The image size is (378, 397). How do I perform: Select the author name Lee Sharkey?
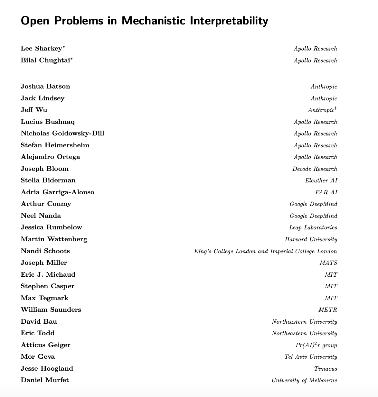(x=41, y=49)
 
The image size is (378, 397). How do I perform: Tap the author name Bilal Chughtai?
(x=45, y=60)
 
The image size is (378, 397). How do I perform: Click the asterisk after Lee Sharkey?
(x=64, y=47)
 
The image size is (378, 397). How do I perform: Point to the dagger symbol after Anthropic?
(x=336, y=108)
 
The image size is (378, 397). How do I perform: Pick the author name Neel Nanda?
(x=41, y=216)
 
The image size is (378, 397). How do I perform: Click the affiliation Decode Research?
(x=315, y=169)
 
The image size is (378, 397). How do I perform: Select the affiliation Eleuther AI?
(x=321, y=180)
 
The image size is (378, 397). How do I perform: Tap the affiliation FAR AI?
(x=326, y=192)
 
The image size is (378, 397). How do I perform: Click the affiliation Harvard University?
(x=311, y=239)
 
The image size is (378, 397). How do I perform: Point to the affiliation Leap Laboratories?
(x=313, y=227)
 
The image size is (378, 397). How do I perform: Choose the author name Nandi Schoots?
(x=45, y=251)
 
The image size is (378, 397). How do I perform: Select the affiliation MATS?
(x=328, y=263)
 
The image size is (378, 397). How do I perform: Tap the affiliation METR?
(x=328, y=310)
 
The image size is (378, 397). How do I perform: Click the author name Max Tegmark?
(x=44, y=298)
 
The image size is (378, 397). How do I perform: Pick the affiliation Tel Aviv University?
(x=311, y=357)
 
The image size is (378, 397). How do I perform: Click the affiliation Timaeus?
(x=326, y=369)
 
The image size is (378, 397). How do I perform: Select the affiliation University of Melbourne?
(x=304, y=380)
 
